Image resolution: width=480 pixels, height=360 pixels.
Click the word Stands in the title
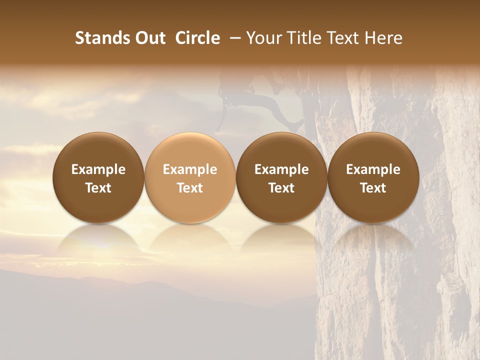[100, 38]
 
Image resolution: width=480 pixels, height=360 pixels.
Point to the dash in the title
[233, 38]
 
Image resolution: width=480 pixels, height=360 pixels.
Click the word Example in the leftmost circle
[98, 169]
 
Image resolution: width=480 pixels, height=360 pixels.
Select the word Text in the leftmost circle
[98, 188]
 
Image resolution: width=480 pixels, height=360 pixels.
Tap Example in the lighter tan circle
[190, 169]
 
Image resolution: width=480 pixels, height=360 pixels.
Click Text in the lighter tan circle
[190, 188]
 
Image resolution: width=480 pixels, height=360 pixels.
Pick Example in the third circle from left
[281, 169]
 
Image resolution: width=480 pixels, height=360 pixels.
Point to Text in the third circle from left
[281, 188]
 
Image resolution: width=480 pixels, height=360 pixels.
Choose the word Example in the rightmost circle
[373, 169]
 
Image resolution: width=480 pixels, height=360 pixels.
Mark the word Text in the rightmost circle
[373, 188]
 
